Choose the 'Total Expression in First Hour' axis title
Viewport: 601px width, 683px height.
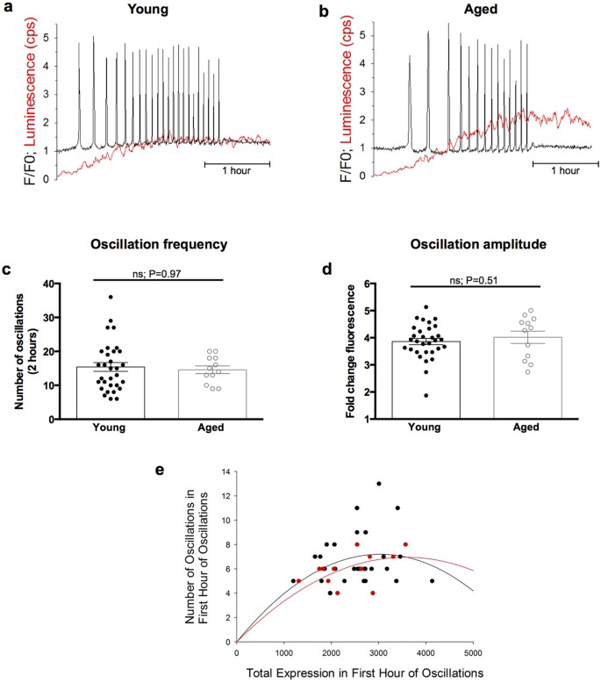(x=354, y=672)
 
